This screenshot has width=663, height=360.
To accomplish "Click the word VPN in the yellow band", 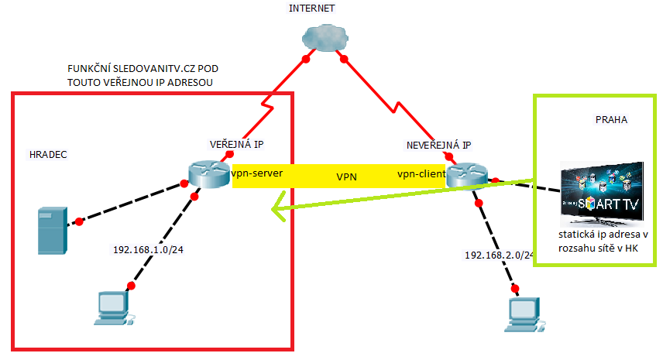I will point(346,177).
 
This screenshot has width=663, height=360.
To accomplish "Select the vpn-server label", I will point(256,174).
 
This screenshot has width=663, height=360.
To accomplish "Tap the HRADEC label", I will point(46,155).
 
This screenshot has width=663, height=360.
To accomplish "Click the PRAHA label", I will point(611,120).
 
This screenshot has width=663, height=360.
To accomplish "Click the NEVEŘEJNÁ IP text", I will point(438,145).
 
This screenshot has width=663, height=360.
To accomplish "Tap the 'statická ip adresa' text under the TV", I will point(601,234).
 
